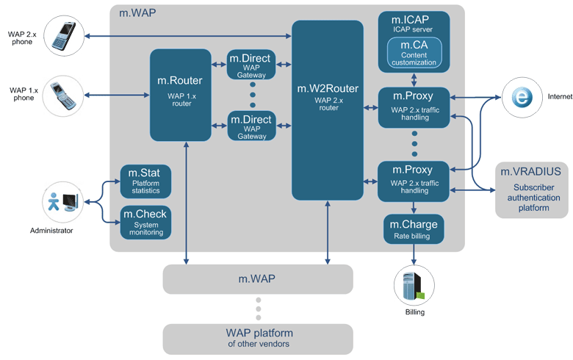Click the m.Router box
[180, 91]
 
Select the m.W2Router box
[328, 110]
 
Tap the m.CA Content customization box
[414, 53]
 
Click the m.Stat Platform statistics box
[145, 181]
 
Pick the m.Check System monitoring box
[145, 222]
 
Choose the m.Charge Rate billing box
[414, 228]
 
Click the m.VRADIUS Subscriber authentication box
[531, 190]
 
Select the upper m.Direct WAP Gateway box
[252, 65]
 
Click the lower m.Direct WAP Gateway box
[252, 126]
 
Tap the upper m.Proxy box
[413, 107]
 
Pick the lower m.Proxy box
[413, 181]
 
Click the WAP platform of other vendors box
[258, 338]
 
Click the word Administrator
[51, 231]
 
